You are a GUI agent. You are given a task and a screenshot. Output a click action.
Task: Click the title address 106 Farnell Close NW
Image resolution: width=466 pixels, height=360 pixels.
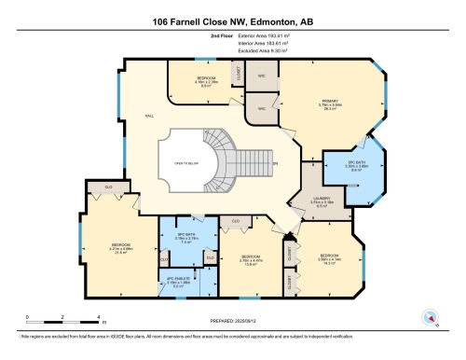[x=232, y=21]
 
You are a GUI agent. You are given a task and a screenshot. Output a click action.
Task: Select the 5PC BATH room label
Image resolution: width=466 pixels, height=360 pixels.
[x=353, y=169]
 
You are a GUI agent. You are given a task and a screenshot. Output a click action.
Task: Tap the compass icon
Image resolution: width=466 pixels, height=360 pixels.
[x=430, y=315]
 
